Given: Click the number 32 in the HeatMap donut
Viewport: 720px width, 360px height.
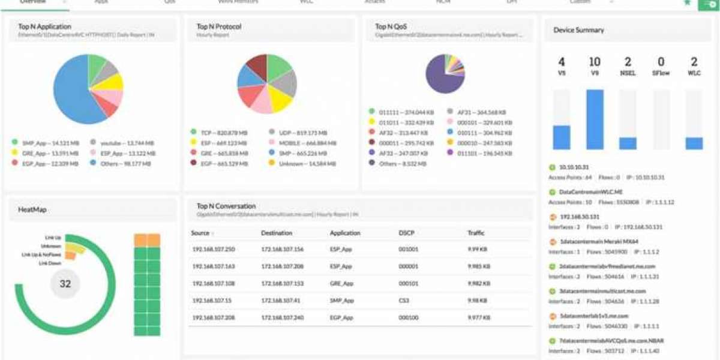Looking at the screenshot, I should [65, 284].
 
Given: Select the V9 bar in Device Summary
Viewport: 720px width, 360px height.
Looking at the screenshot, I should [595, 119].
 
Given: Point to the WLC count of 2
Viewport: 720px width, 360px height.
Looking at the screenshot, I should [694, 62].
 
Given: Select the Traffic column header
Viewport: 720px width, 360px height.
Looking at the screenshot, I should [476, 233].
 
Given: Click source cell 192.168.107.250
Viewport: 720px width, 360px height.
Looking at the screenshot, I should [214, 249].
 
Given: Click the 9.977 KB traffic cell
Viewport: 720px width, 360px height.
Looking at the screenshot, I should [478, 317].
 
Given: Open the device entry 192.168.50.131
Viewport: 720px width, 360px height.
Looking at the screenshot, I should [579, 217].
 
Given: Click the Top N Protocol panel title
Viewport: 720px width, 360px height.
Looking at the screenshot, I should [219, 26].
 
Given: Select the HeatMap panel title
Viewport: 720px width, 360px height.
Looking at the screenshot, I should [32, 209].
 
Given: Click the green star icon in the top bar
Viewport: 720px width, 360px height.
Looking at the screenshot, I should [687, 3].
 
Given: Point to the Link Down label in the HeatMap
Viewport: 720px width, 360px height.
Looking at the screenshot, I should [50, 263].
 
